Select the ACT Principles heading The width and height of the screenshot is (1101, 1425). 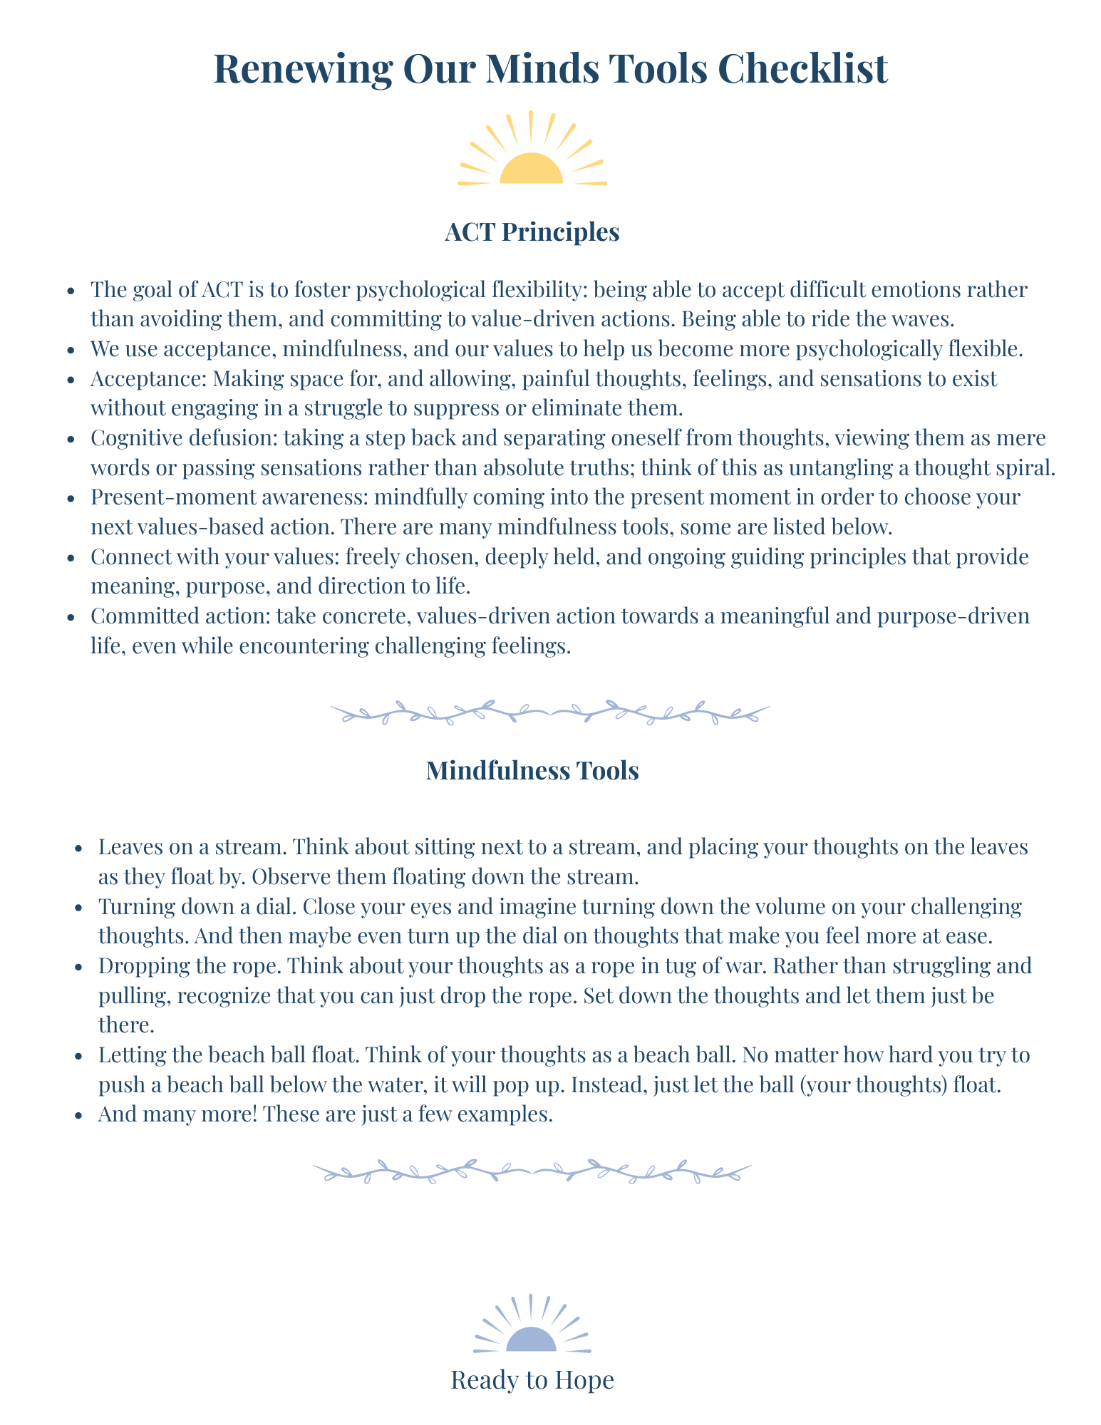pos(532,232)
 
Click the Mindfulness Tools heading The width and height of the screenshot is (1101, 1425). pos(532,770)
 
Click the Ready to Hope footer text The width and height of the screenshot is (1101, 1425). pos(532,1380)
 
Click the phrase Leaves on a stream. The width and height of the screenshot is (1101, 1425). pos(192,847)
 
